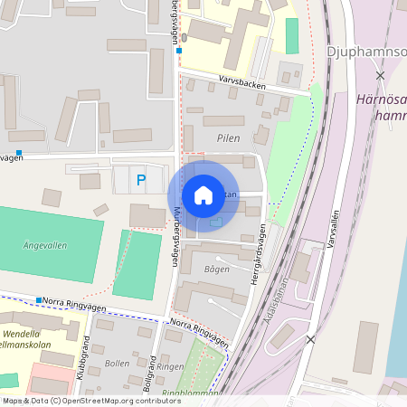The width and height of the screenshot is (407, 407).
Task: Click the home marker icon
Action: (x=203, y=195)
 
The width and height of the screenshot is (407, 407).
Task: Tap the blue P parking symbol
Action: (x=140, y=180)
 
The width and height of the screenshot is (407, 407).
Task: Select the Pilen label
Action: (x=228, y=138)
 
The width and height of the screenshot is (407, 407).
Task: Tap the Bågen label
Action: (x=217, y=269)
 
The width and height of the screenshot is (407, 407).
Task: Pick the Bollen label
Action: (x=118, y=364)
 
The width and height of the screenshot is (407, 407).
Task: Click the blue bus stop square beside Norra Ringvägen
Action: (x=40, y=299)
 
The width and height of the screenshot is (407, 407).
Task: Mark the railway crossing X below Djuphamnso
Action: (x=381, y=75)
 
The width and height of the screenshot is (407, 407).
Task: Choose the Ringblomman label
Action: (x=192, y=393)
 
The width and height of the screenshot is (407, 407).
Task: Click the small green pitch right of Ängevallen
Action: (x=137, y=263)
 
